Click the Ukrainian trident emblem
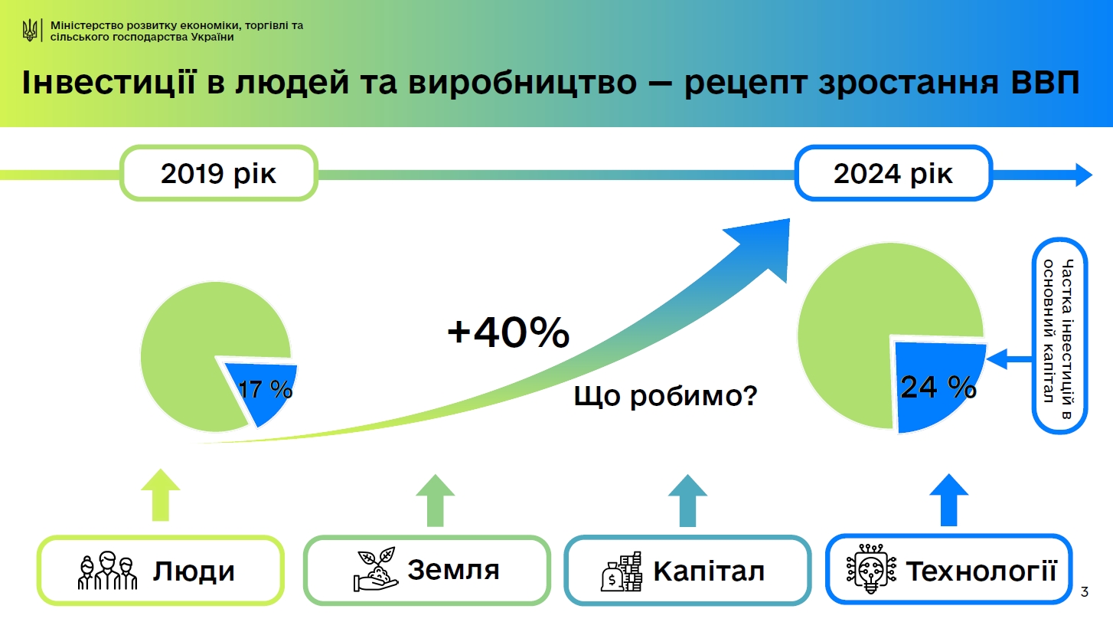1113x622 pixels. pos(30,31)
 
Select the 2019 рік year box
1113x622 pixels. pos(218,174)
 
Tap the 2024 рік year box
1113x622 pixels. pos(893,174)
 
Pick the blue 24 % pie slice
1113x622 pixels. pos(935,388)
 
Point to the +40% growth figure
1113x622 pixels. pos(508,333)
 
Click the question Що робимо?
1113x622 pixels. pos(665,396)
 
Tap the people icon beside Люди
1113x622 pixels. pos(107,571)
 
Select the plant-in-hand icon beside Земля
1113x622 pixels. pos(374,569)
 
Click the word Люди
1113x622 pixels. pos(194,571)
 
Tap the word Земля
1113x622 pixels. pos(453,570)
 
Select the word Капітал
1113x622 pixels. pos(709,571)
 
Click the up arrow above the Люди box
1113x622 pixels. pos(162,493)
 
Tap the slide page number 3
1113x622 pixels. pos(1083,592)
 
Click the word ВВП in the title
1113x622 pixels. pos(1040,83)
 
